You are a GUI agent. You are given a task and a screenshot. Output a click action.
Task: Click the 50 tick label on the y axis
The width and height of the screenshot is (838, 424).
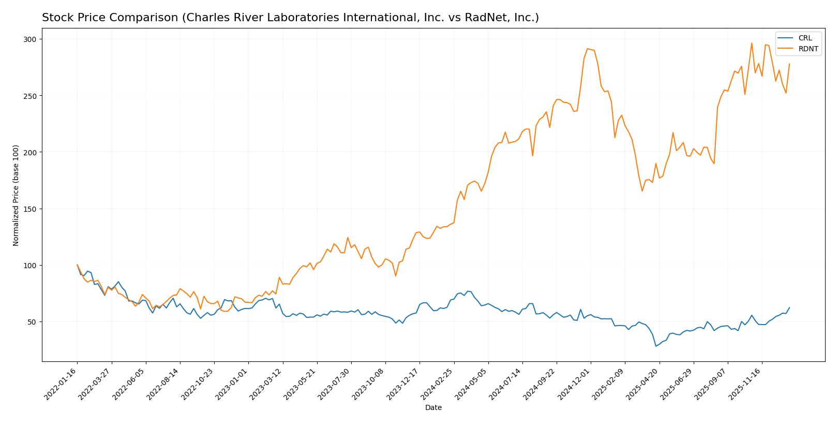(32, 322)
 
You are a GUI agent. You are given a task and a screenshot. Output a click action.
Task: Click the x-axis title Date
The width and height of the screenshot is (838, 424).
(433, 408)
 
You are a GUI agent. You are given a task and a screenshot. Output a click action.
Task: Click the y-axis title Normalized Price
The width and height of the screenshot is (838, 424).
(16, 195)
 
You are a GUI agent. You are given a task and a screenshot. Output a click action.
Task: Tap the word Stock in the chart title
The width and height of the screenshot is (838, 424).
(56, 18)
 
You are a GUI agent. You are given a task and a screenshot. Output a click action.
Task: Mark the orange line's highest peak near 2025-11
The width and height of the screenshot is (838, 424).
(752, 43)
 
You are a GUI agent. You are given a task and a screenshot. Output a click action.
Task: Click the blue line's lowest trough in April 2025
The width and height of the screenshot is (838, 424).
(656, 346)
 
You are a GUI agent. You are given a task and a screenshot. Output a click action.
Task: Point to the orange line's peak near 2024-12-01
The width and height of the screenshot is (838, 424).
(588, 49)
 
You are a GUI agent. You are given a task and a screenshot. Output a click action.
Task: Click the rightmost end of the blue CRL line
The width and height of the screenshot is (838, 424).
(789, 308)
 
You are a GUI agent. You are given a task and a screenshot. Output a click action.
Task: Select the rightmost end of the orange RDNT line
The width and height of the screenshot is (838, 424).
(789, 64)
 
